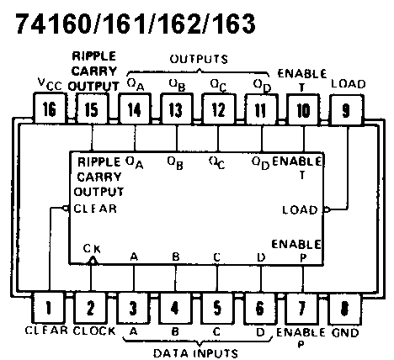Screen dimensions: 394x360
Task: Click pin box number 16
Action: [50, 109]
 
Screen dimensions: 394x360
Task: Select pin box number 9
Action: [347, 109]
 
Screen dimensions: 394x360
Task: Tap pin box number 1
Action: [49, 308]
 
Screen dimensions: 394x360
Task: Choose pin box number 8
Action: [344, 309]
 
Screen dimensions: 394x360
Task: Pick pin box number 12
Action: [218, 109]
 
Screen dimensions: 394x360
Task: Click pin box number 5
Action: [217, 308]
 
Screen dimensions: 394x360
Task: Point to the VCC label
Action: [50, 84]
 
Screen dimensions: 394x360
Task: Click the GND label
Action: [345, 333]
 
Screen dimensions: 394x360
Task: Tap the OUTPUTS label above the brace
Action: [199, 59]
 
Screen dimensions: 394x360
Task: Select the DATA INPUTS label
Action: [195, 353]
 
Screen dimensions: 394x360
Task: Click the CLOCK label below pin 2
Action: [94, 331]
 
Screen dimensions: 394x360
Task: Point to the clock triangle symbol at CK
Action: [93, 261]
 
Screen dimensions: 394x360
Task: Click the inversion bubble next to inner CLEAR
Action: [66, 208]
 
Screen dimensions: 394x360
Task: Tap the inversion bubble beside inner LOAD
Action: [327, 209]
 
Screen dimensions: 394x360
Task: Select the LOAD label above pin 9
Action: [349, 84]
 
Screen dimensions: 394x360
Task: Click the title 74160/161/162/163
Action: [136, 24]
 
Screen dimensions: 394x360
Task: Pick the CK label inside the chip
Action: [92, 249]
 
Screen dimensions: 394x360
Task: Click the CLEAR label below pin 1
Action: [46, 331]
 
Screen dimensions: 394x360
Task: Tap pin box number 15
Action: [92, 109]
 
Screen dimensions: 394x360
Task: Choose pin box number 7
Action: [301, 308]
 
